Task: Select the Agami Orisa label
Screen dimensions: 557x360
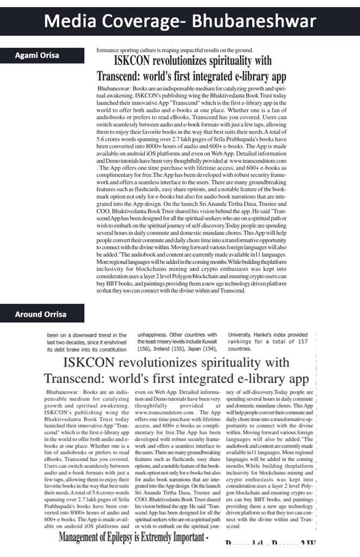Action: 38,55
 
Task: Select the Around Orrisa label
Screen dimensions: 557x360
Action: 41,314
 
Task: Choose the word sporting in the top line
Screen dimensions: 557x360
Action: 129,50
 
